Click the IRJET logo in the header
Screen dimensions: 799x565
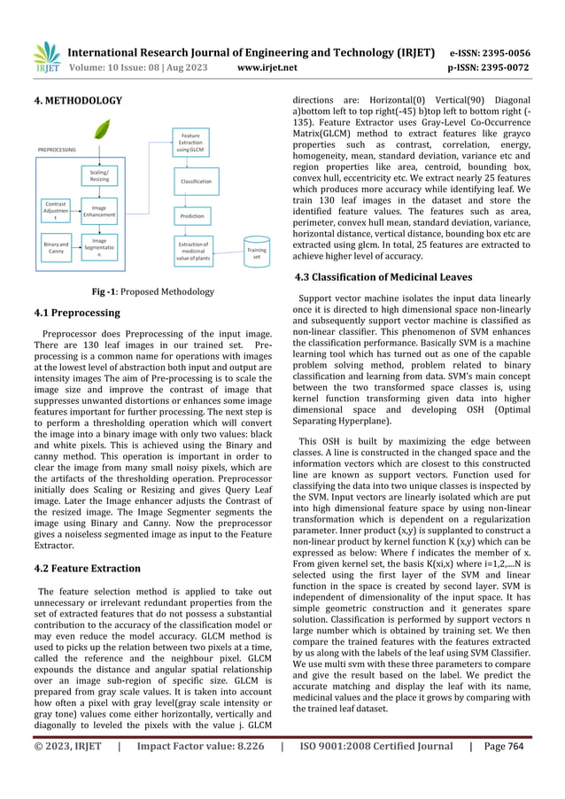click(44, 57)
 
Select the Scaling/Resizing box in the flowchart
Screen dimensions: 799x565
click(99, 175)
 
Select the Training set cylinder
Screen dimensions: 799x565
click(256, 252)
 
